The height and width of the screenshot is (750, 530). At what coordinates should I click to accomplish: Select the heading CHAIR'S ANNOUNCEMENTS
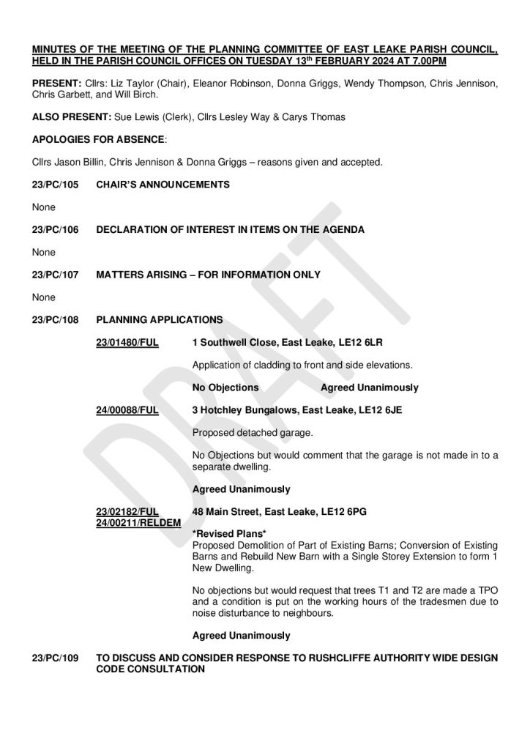[163, 185]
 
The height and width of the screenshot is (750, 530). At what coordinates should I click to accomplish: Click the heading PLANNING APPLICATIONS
[160, 320]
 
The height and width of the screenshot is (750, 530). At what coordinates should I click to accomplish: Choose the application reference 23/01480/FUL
[127, 342]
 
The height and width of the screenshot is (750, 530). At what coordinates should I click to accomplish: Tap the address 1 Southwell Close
[235, 342]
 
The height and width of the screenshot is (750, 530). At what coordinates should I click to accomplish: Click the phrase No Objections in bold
[225, 387]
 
